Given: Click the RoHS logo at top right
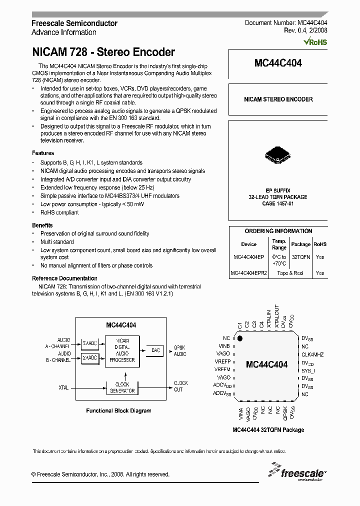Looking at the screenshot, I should pyautogui.click(x=315, y=42).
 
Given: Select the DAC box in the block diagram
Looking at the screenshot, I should pyautogui.click(x=155, y=351).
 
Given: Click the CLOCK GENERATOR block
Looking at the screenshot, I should pyautogui.click(x=122, y=388).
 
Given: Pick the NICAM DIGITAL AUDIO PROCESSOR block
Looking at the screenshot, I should pyautogui.click(x=122, y=350).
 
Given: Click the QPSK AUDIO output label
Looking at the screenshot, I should pyautogui.click(x=180, y=350).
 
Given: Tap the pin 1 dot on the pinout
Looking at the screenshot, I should pyautogui.click(x=240, y=339).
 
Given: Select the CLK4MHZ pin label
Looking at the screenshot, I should pyautogui.click(x=312, y=354).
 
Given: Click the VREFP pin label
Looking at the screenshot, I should pyautogui.click(x=222, y=361).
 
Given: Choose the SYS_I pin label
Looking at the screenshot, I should pyautogui.click(x=308, y=370).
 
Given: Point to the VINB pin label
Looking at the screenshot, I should pyautogui.click(x=224, y=346).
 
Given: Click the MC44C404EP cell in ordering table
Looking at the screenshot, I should pyautogui.click(x=249, y=257).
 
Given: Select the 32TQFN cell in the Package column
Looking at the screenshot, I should pyautogui.click(x=300, y=257).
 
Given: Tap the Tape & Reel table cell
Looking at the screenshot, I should pyautogui.click(x=290, y=273).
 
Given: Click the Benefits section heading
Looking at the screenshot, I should pyautogui.click(x=42, y=225).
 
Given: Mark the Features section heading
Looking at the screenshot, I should pyautogui.click(x=43, y=153).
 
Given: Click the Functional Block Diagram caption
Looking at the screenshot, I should pyautogui.click(x=118, y=411).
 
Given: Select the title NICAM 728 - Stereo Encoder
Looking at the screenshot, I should pyautogui.click(x=103, y=52).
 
